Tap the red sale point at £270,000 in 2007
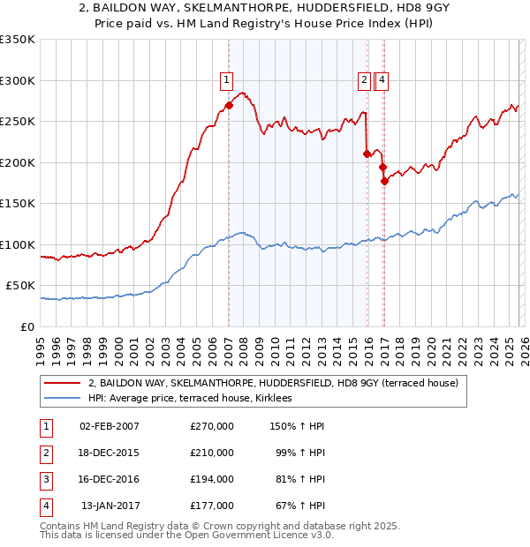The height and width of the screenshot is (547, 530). [x=229, y=105]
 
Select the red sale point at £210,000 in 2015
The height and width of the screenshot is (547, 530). [x=367, y=154]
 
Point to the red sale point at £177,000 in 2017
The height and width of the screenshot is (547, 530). [x=384, y=181]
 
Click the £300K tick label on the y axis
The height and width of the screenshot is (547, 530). [x=18, y=80]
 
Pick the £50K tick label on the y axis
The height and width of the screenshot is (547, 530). [x=20, y=286]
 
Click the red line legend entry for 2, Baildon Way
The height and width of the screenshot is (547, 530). [x=273, y=384]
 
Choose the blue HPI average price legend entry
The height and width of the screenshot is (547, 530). [x=195, y=399]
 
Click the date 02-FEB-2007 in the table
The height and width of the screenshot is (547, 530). [x=110, y=426]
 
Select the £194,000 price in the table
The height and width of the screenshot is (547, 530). [x=212, y=479]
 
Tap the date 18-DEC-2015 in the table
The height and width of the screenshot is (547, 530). [x=110, y=453]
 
